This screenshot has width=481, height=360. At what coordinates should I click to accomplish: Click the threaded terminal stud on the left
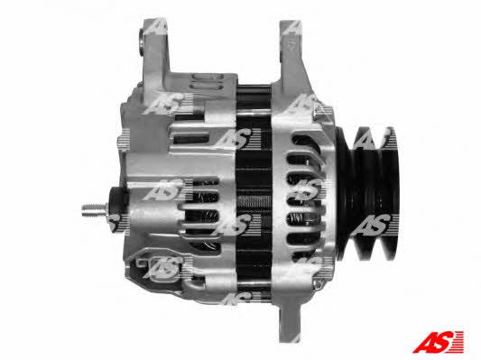click(x=94, y=209)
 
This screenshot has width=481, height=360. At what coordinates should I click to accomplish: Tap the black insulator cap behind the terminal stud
click(x=117, y=208)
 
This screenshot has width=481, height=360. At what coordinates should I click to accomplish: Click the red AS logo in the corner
click(x=439, y=342)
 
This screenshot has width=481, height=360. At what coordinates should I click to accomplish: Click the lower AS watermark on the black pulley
click(x=372, y=226)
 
